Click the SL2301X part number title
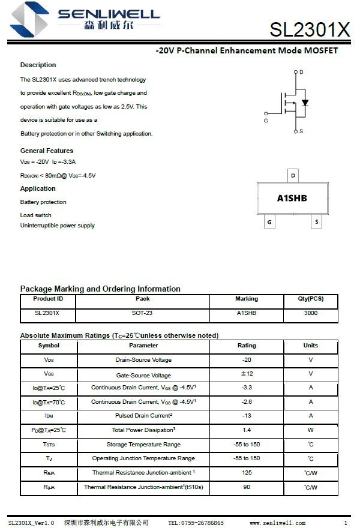310,29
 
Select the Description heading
38,65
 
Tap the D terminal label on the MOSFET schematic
301,72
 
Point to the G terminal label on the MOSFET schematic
265,121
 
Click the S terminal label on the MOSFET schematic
301,131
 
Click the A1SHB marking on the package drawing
292,198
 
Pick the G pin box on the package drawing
269,222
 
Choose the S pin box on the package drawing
316,222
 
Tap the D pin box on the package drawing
293,176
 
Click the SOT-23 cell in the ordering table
142,313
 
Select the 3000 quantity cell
311,313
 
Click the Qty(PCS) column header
311,299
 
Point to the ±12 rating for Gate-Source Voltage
247,374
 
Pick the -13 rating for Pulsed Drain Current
247,416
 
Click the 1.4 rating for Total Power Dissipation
247,430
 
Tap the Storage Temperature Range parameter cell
143,445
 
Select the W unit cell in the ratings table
311,430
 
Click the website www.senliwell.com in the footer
277,523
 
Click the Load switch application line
36,215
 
